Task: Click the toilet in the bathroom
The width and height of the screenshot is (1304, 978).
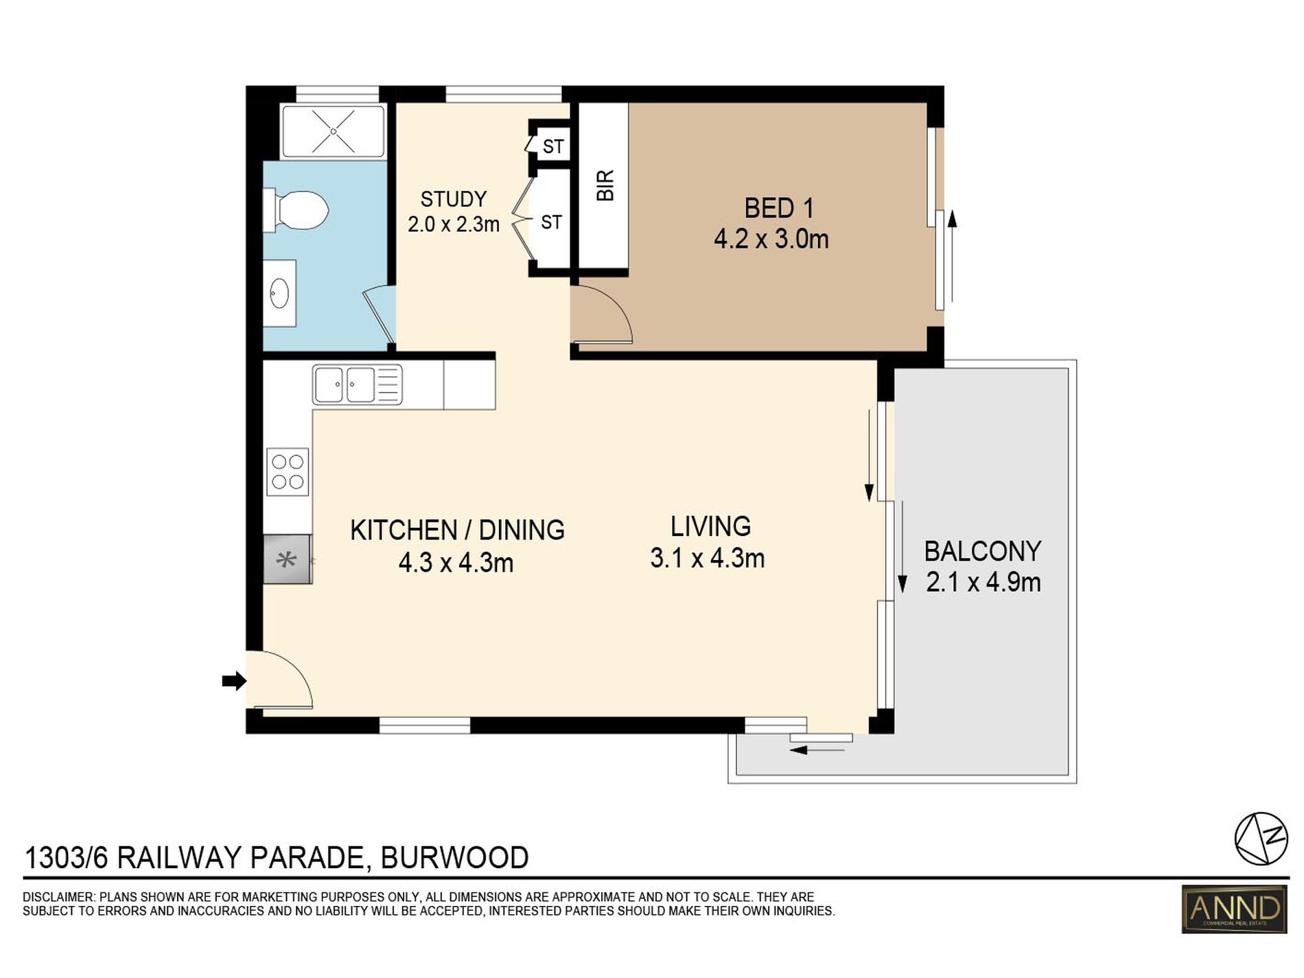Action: pyautogui.click(x=296, y=211)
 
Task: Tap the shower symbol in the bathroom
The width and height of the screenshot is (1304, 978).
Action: pyautogui.click(x=334, y=130)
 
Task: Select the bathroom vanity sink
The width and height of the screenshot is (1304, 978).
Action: pyautogui.click(x=280, y=293)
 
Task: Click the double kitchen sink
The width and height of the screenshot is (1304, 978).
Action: pyautogui.click(x=358, y=384)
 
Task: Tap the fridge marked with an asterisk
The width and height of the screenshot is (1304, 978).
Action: pyautogui.click(x=288, y=559)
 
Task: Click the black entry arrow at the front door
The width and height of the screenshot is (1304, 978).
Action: pyautogui.click(x=234, y=681)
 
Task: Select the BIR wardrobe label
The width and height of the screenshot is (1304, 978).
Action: pyautogui.click(x=605, y=185)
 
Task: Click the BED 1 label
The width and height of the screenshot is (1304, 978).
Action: pyautogui.click(x=779, y=208)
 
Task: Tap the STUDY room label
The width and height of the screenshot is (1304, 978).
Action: pyautogui.click(x=454, y=199)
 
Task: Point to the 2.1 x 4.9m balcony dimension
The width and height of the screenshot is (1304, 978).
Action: pyautogui.click(x=983, y=583)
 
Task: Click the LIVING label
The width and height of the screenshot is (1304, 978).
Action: pyautogui.click(x=710, y=526)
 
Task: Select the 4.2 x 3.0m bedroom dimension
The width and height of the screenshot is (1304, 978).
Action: pyautogui.click(x=771, y=240)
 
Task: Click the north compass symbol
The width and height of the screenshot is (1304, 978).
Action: pyautogui.click(x=1261, y=838)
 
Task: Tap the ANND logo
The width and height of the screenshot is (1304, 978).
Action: pyautogui.click(x=1234, y=909)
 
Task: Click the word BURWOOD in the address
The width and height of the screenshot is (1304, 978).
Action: pyautogui.click(x=455, y=858)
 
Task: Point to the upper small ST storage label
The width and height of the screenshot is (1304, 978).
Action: pyautogui.click(x=553, y=147)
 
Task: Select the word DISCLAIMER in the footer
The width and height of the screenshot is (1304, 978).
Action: pyautogui.click(x=58, y=897)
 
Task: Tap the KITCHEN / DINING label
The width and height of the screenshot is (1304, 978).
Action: pyautogui.click(x=457, y=531)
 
